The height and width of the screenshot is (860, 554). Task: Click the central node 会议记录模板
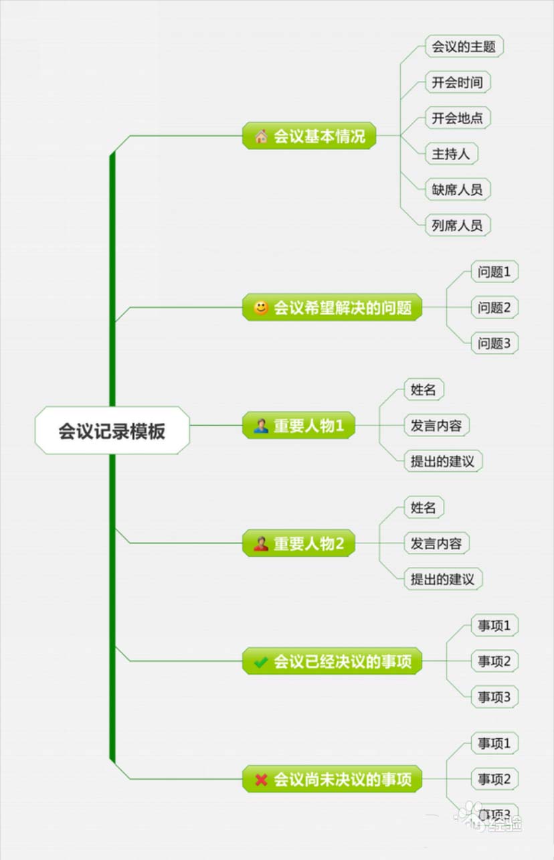click(112, 430)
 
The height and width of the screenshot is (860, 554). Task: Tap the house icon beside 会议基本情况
click(261, 136)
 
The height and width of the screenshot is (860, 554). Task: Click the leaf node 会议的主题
click(463, 47)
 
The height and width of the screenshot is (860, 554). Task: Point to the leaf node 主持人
click(451, 153)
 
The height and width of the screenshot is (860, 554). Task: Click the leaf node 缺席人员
click(457, 189)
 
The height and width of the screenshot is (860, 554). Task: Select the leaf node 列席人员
click(457, 225)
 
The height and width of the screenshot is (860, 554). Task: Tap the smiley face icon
click(261, 308)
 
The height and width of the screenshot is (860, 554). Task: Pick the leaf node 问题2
click(494, 308)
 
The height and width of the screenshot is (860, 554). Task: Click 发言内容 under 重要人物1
click(436, 426)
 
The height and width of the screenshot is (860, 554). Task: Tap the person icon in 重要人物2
click(261, 543)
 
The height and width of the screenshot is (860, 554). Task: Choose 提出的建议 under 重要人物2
click(442, 579)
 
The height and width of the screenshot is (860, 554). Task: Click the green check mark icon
click(261, 662)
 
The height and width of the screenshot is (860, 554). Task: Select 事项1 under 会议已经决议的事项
click(494, 626)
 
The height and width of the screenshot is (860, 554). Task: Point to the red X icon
click(261, 780)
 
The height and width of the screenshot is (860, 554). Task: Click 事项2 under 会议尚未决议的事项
click(494, 779)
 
